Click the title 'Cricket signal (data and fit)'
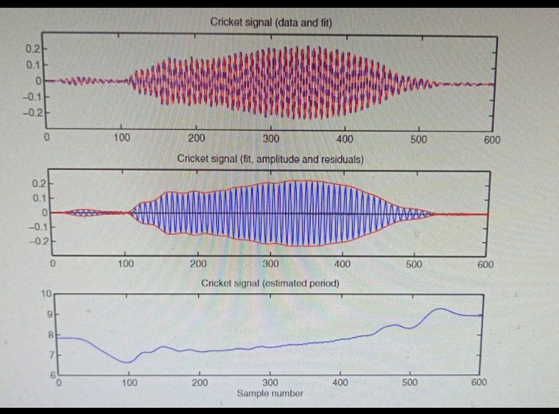pos(271,22)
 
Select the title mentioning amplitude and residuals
pos(270,159)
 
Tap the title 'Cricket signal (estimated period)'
pos(270,283)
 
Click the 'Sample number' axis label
pos(270,393)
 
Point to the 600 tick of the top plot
pos(492,139)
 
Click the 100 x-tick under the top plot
pos(121,138)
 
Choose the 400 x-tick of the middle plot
pos(342,264)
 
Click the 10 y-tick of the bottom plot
pos(47,294)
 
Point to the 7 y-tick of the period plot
pos(50,355)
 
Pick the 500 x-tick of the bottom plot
pos(409,383)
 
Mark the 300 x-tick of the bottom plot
pos(270,383)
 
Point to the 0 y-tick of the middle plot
pos(45,212)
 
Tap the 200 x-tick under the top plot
pos(196,138)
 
